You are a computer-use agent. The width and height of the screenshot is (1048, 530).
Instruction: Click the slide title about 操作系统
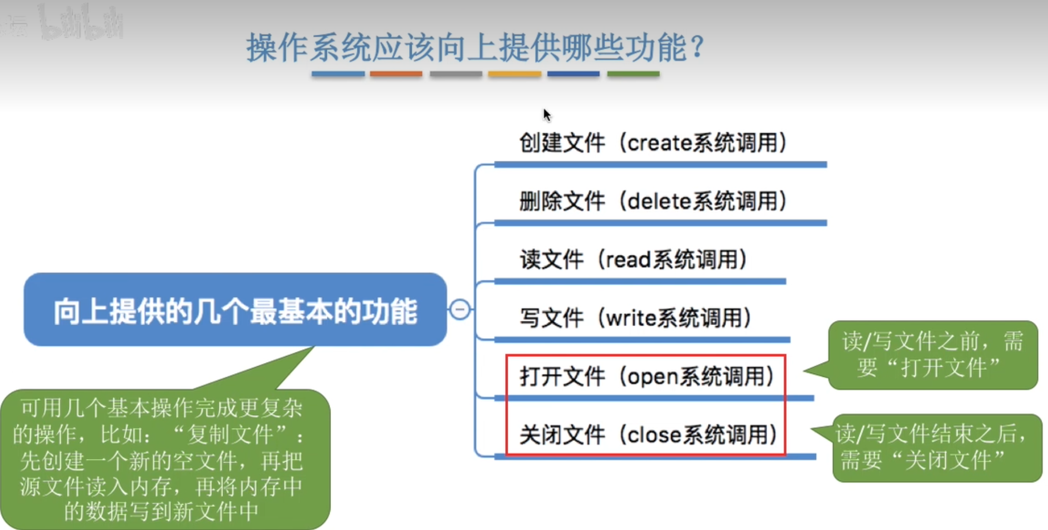click(x=475, y=47)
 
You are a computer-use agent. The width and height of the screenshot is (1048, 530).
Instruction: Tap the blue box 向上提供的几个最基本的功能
click(x=235, y=309)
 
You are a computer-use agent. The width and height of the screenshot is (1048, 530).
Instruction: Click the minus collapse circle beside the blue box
click(x=460, y=309)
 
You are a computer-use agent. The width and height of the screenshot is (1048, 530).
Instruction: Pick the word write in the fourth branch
click(x=631, y=318)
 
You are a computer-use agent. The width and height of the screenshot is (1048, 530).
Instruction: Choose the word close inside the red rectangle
click(x=655, y=435)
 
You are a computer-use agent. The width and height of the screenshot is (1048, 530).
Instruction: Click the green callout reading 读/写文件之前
click(x=932, y=355)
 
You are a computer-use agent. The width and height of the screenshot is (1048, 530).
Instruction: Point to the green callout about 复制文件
click(x=165, y=458)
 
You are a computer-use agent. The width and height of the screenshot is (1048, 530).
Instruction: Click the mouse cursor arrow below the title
click(x=547, y=115)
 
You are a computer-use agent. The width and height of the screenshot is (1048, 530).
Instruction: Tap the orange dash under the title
click(x=396, y=74)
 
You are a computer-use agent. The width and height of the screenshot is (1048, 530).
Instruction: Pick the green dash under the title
click(x=633, y=74)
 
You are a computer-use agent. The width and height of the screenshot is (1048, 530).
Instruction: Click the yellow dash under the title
click(x=515, y=74)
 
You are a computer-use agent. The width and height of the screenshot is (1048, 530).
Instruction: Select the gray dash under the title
click(x=456, y=74)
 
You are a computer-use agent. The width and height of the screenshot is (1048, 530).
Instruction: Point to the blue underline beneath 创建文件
click(x=661, y=165)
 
